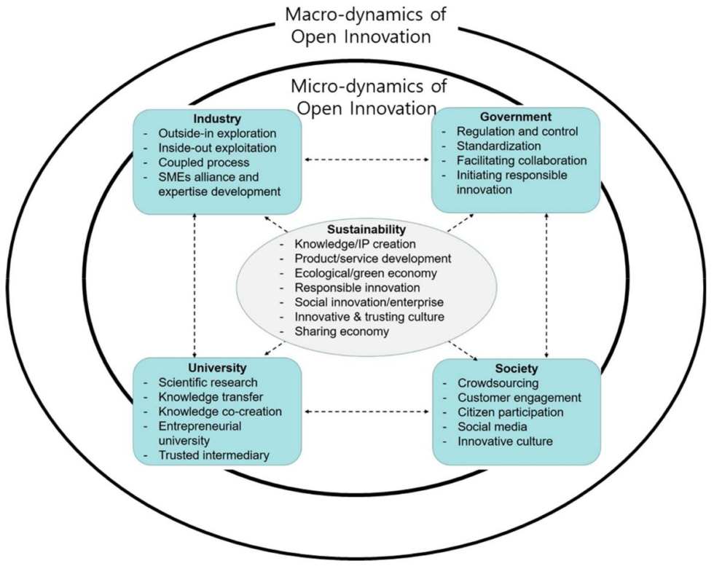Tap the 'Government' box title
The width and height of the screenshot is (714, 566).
[516, 117]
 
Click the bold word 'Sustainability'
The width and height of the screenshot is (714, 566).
[367, 229]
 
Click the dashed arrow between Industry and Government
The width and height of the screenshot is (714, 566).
[366, 160]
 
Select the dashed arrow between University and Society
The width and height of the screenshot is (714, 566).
[366, 412]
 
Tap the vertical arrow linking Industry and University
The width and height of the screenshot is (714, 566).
[195, 285]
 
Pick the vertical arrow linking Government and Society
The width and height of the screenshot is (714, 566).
[547, 285]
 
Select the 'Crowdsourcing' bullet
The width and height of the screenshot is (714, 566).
[498, 383]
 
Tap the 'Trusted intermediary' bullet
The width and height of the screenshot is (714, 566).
[214, 456]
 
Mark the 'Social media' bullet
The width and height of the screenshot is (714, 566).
[493, 427]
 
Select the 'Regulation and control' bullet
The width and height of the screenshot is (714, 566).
[517, 132]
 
